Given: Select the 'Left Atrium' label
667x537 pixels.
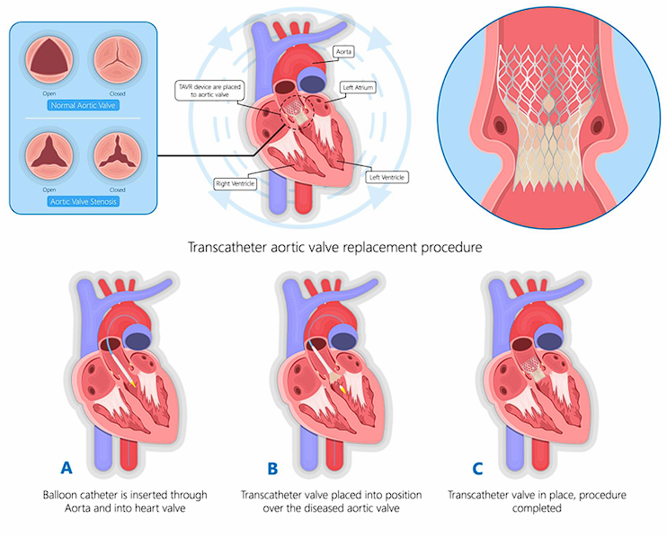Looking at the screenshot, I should pos(359,88).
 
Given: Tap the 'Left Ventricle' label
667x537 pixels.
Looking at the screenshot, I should pos(387,177).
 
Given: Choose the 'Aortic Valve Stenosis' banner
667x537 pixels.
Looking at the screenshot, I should pos(84,202).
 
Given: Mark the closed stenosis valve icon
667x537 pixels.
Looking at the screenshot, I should pos(117,154).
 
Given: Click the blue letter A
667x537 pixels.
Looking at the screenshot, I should pos(66,467).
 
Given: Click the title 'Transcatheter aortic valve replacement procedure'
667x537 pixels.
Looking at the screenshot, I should pos(333,245).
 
